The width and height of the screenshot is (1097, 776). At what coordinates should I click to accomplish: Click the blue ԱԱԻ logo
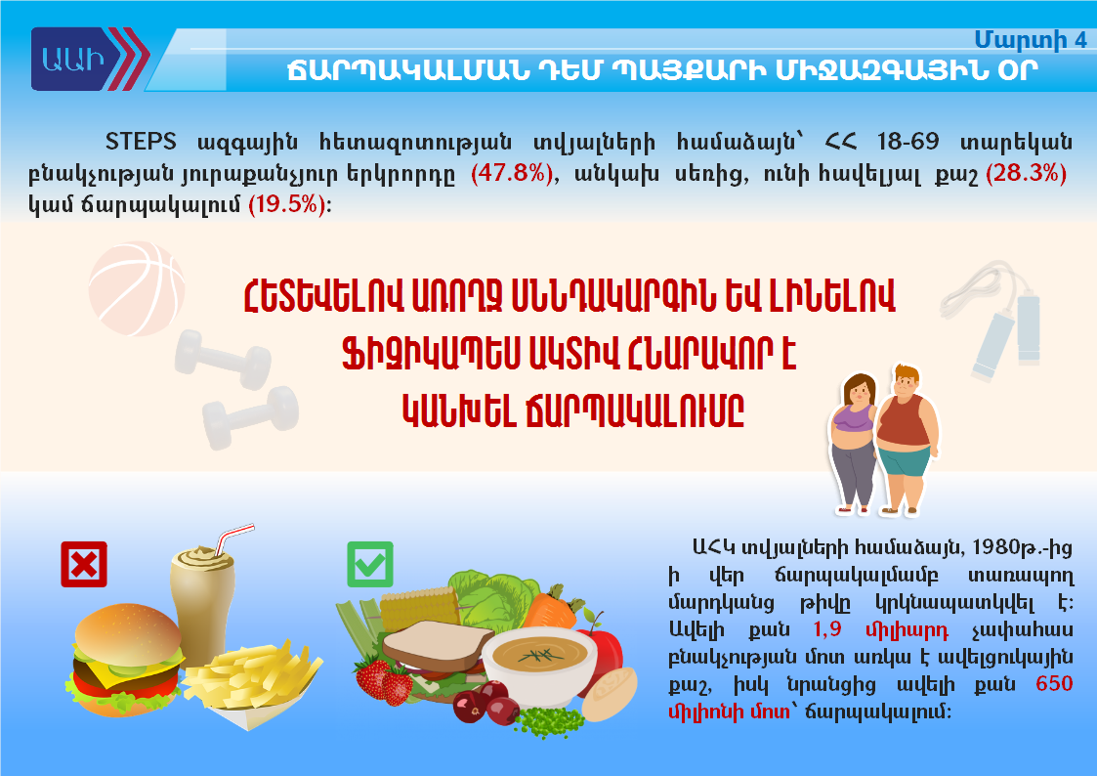click(x=90, y=59)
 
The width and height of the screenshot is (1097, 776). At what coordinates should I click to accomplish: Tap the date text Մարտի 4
click(x=1031, y=40)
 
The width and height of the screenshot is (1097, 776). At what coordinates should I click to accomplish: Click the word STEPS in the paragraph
click(x=141, y=142)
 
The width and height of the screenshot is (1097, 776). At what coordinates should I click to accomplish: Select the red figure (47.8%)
click(x=512, y=172)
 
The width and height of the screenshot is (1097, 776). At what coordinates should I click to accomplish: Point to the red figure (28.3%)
click(x=1026, y=172)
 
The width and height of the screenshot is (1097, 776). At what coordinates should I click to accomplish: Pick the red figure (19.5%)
click(x=287, y=203)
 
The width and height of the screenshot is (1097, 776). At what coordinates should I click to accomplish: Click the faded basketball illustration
click(x=137, y=288)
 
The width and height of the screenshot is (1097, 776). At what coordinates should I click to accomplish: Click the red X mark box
click(x=84, y=564)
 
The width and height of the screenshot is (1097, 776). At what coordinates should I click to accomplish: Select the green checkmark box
click(x=370, y=564)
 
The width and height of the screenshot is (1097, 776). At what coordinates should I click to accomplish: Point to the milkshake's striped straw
click(x=232, y=539)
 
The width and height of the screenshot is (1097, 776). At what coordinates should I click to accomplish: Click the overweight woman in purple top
click(x=854, y=442)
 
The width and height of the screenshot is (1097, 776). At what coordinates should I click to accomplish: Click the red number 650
click(x=1054, y=683)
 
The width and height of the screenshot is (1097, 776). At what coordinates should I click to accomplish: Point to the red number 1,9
click(x=827, y=629)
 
